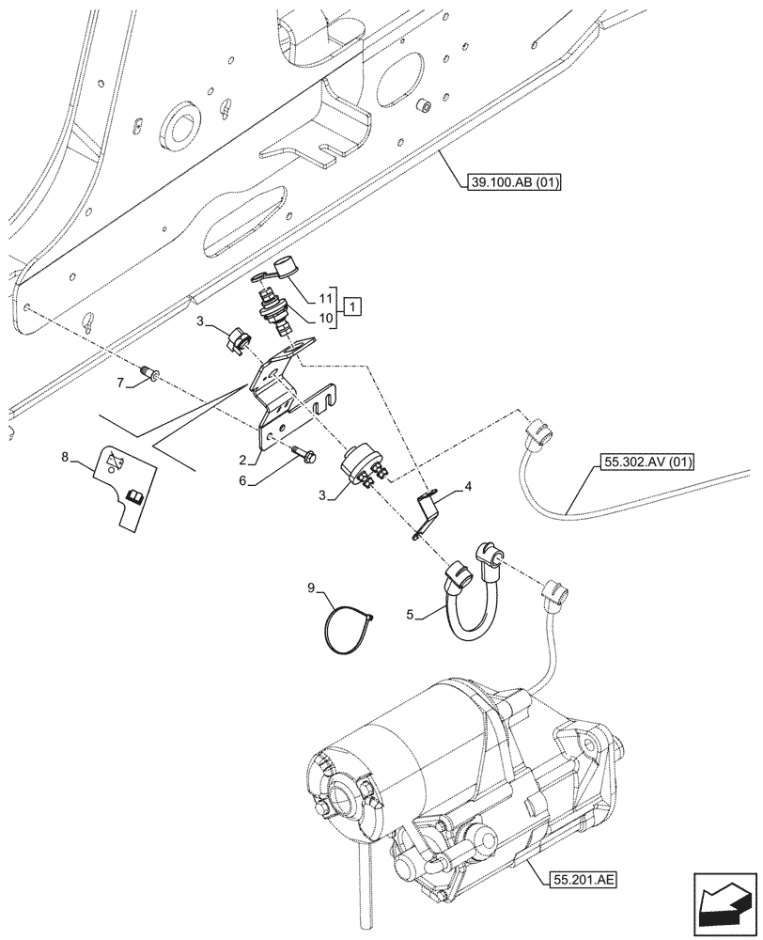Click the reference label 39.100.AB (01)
point(511,183)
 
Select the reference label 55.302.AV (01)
point(641,462)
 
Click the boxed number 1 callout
point(350,306)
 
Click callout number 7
point(122,383)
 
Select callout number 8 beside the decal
point(64,457)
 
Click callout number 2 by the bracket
point(242,461)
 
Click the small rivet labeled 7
point(148,376)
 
